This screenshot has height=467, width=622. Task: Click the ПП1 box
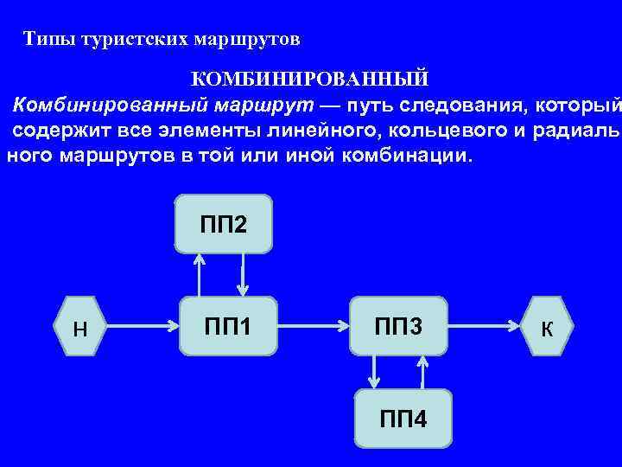[228, 327]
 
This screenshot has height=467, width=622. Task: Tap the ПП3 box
[398, 327]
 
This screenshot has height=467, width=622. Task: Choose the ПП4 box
[403, 419]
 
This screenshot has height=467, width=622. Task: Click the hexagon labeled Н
[80, 328]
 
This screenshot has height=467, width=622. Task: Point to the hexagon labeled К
[546, 328]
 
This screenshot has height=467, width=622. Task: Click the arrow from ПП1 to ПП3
[313, 327]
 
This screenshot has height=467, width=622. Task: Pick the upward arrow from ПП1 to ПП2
[200, 275]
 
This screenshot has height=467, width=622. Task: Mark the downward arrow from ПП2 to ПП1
[244, 275]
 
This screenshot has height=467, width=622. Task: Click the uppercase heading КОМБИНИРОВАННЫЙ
[309, 80]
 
